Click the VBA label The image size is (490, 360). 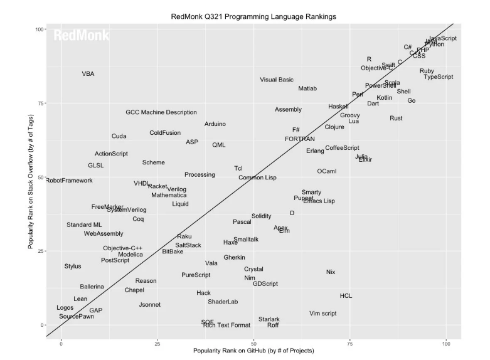88,74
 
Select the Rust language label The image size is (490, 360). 396,118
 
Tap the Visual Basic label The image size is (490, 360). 277,80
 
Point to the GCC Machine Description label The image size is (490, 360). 161,112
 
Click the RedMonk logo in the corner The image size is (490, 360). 82,36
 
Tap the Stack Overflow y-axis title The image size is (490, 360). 31,177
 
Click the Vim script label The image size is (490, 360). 322,313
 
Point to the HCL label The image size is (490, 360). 346,295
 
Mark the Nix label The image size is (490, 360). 331,272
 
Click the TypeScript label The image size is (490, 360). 438,77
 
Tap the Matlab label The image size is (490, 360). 307,88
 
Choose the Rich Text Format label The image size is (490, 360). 226,325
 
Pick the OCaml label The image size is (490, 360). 327,171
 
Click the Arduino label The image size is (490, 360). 215,124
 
